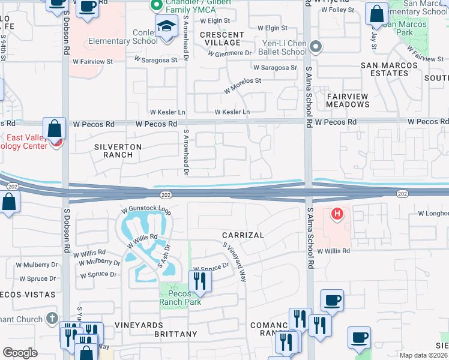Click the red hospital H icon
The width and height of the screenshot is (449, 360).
[x=338, y=213]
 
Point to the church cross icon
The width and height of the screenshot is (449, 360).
[x=52, y=318]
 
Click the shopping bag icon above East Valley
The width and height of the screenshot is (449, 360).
[x=55, y=129]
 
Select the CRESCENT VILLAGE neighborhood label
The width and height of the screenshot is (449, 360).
[x=221, y=38]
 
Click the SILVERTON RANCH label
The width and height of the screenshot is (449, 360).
[x=118, y=151]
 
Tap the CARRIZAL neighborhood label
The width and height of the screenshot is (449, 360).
[x=243, y=235]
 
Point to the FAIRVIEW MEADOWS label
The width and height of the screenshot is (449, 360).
[x=348, y=100]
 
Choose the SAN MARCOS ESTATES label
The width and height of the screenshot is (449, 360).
[x=389, y=69]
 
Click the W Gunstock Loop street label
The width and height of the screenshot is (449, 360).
[x=146, y=211]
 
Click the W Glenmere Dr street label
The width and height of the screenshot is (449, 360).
[x=230, y=53]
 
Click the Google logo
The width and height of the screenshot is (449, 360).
[x=20, y=353]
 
